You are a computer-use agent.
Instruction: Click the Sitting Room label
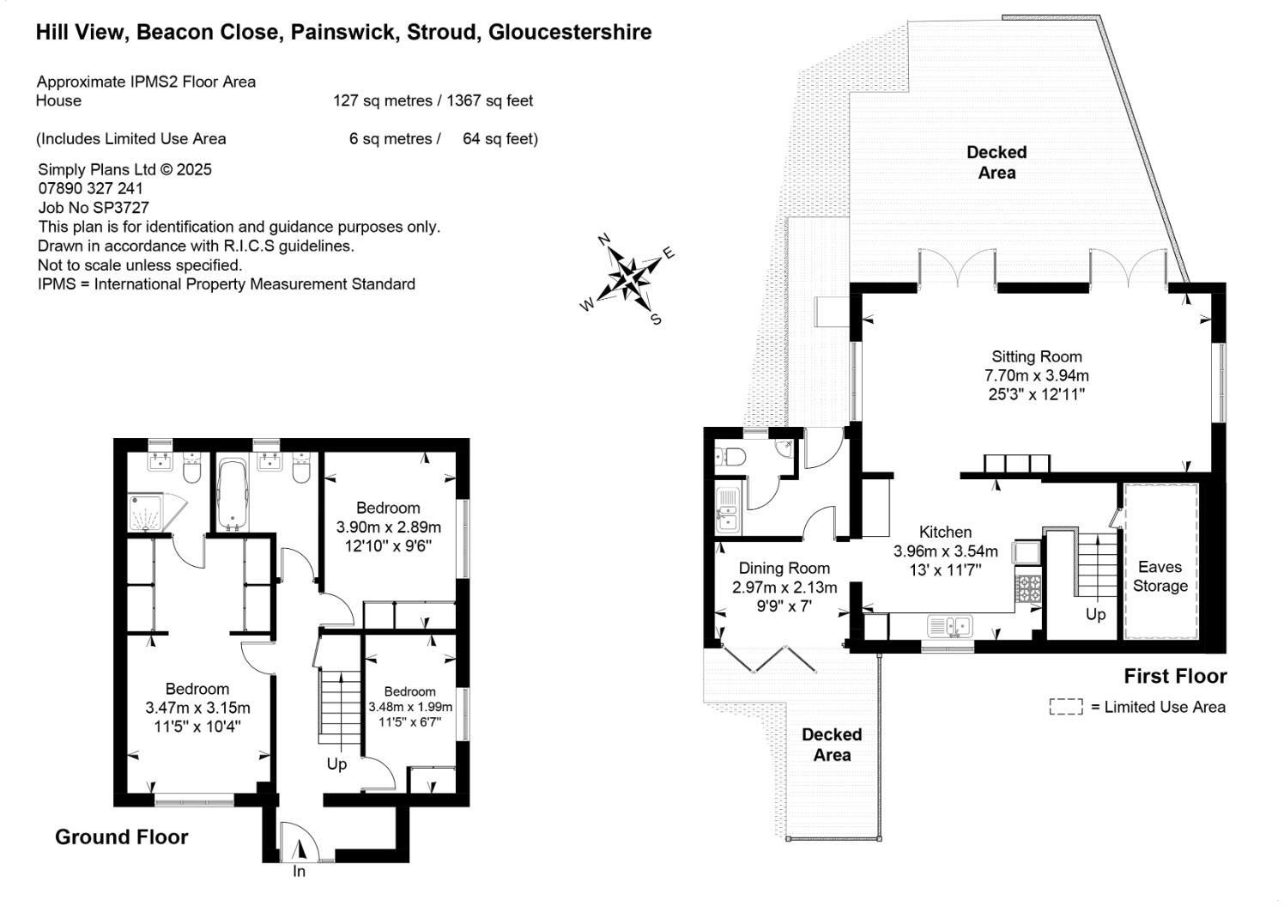[1036, 356]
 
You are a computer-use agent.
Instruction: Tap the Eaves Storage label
[1160, 576]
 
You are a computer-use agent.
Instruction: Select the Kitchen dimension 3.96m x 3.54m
[945, 551]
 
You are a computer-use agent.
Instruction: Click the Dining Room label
[784, 568]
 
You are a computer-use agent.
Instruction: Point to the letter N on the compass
[603, 240]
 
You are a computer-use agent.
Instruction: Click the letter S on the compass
[656, 319]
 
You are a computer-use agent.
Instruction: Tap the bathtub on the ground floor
[232, 493]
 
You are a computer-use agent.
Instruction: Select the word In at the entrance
[299, 871]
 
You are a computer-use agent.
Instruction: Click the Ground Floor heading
[122, 837]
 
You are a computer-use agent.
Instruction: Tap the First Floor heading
[1175, 676]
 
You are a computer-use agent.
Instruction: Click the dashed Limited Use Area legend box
[1066, 707]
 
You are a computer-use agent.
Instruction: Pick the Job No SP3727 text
[94, 207]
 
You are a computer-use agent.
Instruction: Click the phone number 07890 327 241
[91, 188]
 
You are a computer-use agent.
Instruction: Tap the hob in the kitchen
[1028, 587]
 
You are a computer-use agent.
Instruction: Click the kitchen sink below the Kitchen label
[950, 626]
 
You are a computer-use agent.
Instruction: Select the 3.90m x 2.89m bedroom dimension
[388, 527]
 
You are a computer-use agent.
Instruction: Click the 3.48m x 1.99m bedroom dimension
[410, 707]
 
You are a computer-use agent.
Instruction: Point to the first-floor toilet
[731, 457]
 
